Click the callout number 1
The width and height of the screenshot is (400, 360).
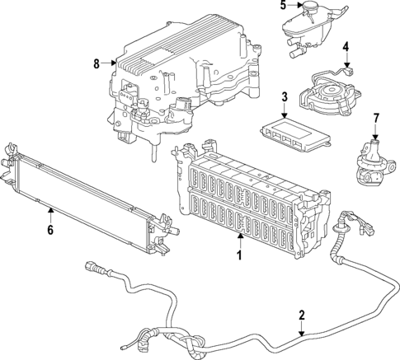pos(240,255)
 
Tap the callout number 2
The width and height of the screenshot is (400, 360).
pos(302,315)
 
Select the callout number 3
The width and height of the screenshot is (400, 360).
pos(284,97)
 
